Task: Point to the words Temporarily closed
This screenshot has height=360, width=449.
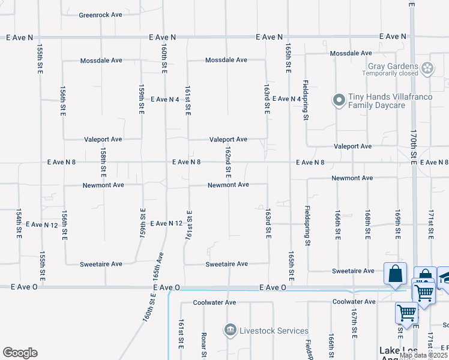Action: point(390,73)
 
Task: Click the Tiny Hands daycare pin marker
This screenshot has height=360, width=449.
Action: point(339,100)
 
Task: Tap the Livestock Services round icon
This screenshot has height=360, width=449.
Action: point(229,331)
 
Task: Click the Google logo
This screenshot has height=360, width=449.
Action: point(20,353)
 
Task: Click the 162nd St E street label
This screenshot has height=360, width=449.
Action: point(229,160)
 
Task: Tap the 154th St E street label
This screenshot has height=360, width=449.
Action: point(19,225)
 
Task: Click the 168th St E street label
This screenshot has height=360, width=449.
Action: point(367,225)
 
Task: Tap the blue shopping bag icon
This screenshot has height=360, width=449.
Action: point(396,275)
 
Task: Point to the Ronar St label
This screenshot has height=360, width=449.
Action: point(204,343)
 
